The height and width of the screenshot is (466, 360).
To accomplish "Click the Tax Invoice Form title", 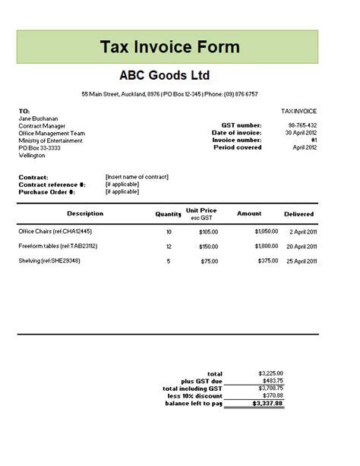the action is pos(169,47).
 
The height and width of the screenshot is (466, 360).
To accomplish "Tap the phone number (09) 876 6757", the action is pos(241,94).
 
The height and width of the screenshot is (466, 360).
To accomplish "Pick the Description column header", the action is pos(84,213).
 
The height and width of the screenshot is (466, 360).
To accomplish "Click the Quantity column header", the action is pos(169,214).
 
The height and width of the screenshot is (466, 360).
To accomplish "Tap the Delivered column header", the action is pos(298,214).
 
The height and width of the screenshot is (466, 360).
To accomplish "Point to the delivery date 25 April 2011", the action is pos(300,261).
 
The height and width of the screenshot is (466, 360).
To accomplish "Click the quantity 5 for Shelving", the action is pos(169,261).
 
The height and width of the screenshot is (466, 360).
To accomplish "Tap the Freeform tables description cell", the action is pos(58,246).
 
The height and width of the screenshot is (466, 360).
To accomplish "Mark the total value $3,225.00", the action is pos(270,373).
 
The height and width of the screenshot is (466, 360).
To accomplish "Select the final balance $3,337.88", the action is pos(269,403).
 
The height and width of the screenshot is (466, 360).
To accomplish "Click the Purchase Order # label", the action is pos(47,191).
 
